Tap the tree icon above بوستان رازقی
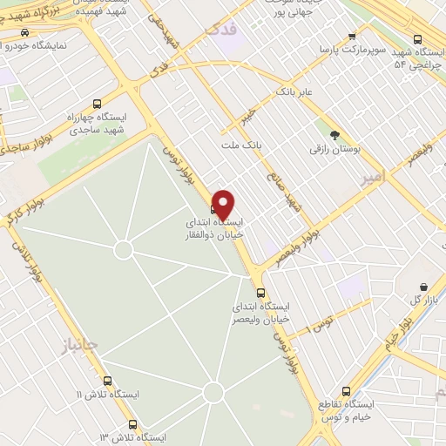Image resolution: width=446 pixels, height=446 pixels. tap(334, 135)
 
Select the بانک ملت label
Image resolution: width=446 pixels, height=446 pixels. tap(241, 142)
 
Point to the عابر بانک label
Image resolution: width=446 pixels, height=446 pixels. tap(294, 91)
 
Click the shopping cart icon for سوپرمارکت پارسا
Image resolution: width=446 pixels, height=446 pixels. tap(352, 36)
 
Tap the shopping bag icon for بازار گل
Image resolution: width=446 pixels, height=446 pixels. tap(424, 287)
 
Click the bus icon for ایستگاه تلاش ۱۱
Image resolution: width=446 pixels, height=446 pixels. tap(108, 381)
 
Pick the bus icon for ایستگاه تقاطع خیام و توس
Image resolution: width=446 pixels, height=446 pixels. tap(346, 391)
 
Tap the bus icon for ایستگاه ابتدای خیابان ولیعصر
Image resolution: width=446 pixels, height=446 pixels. tap(260, 293)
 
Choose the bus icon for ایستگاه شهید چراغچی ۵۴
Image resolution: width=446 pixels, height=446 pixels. tap(417, 39)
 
